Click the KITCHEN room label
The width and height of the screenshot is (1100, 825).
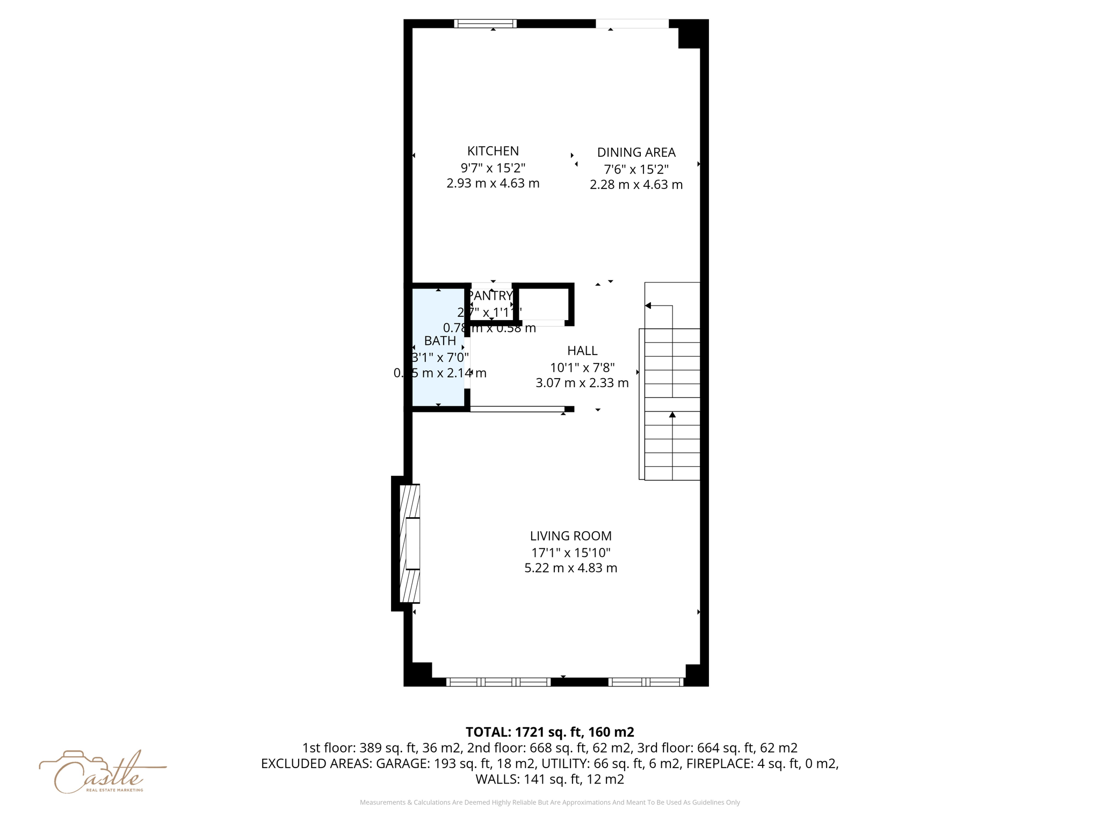493,151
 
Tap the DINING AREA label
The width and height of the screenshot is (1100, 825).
636,153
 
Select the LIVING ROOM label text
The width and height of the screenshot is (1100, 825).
570,535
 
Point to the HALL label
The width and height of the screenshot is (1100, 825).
582,351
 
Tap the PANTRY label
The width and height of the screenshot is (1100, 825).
490,295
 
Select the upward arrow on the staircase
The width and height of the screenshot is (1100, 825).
672,415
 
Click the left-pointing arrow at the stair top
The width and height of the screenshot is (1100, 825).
648,306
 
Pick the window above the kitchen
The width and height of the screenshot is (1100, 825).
485,24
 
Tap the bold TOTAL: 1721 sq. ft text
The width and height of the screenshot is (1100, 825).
549,732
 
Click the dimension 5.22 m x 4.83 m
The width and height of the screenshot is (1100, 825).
570,568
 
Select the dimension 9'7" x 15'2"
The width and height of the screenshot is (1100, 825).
493,168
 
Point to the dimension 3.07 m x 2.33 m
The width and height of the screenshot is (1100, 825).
582,383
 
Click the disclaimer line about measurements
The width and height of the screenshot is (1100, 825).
549,802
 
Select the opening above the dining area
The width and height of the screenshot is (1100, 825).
632,24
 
